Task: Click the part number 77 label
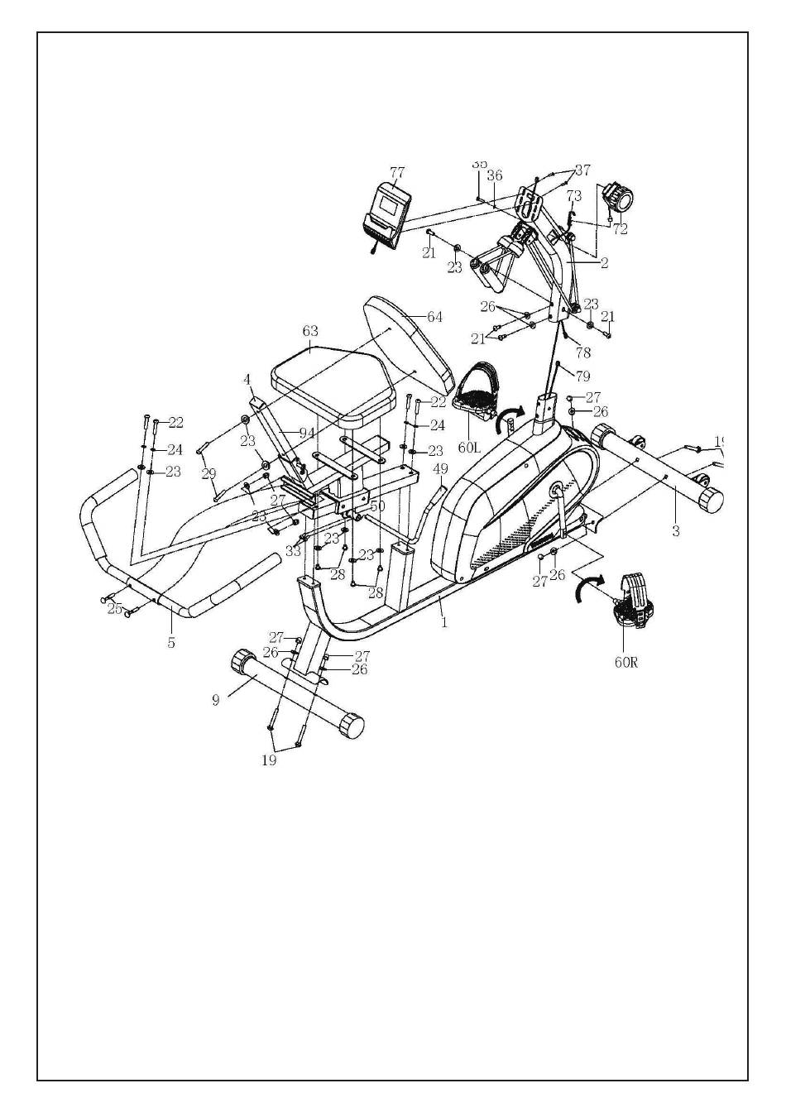coord(397,172)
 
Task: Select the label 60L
coord(469,448)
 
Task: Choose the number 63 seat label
coord(310,331)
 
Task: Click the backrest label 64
coord(434,317)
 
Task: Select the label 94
coord(306,433)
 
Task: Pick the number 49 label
coord(441,469)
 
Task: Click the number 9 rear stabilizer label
coord(216,700)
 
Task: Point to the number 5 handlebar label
coord(171,642)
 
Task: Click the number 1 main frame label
coord(444,622)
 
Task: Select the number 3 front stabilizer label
coord(676,531)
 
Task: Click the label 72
coord(620,229)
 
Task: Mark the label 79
coord(583,376)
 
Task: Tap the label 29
coord(208,473)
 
